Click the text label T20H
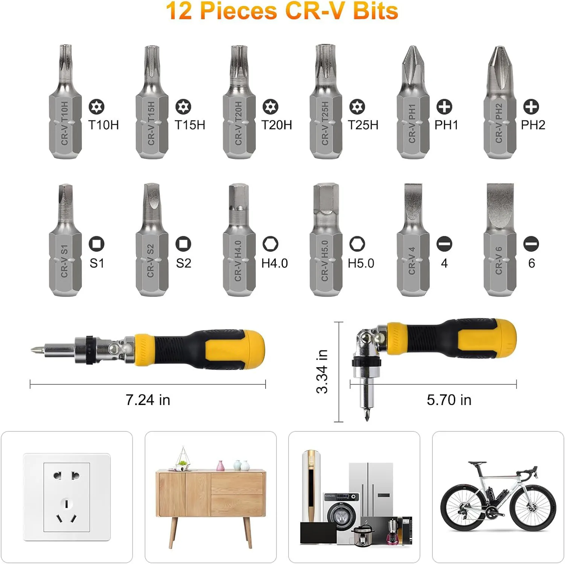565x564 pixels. point(276,125)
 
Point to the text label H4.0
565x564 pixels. point(275,263)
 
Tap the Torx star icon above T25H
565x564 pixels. point(357,107)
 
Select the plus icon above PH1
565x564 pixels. point(444,107)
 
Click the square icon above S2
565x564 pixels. point(183,244)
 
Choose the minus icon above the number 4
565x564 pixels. point(444,244)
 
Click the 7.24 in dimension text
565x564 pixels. point(148,400)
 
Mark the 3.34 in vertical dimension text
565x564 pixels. point(322,371)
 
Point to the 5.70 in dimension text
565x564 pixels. point(449,400)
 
